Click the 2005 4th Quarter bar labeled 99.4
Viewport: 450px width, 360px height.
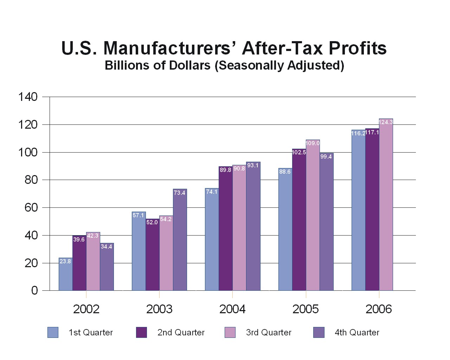pyautogui.click(x=326, y=222)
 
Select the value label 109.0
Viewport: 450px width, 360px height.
pyautogui.click(x=313, y=143)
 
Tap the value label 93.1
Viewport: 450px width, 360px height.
pyautogui.click(x=253, y=165)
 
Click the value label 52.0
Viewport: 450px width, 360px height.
pyautogui.click(x=152, y=222)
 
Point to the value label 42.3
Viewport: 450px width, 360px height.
pyautogui.click(x=93, y=236)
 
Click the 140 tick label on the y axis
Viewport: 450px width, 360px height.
pyautogui.click(x=28, y=97)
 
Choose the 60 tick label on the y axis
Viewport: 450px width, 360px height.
pyautogui.click(x=31, y=207)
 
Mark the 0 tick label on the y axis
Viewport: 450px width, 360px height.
pyautogui.click(x=34, y=290)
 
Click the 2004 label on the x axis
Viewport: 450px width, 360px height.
pyautogui.click(x=232, y=309)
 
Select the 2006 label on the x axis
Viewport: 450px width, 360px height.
pyautogui.click(x=379, y=309)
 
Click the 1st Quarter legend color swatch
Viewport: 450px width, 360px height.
pyautogui.click(x=53, y=332)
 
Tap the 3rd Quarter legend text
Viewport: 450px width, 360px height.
pyautogui.click(x=269, y=332)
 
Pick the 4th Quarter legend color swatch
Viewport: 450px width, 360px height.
pyautogui.click(x=319, y=332)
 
